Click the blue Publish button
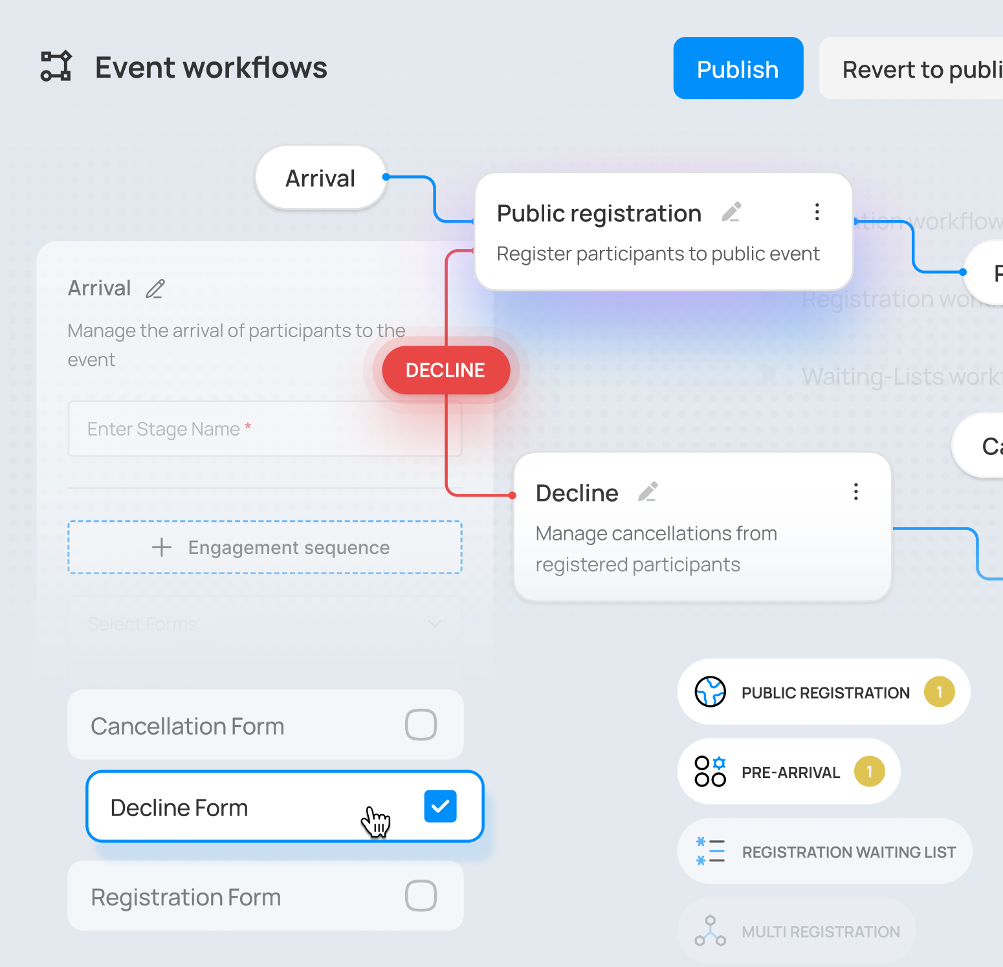pyautogui.click(x=738, y=68)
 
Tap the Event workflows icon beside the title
pyautogui.click(x=56, y=66)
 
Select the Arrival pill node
pyautogui.click(x=320, y=178)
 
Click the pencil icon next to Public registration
pyautogui.click(x=731, y=212)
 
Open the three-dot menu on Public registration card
pyautogui.click(x=817, y=212)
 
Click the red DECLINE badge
pyautogui.click(x=446, y=370)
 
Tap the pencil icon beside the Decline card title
pyautogui.click(x=648, y=492)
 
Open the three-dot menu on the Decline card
pyautogui.click(x=855, y=492)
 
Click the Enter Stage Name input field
pyautogui.click(x=264, y=429)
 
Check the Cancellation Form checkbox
pyautogui.click(x=421, y=725)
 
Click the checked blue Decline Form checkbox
pyautogui.click(x=440, y=806)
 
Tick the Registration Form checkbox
pyautogui.click(x=421, y=896)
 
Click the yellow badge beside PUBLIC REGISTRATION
pyautogui.click(x=939, y=692)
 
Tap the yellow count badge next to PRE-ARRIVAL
pyautogui.click(x=869, y=772)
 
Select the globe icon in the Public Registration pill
pyautogui.click(x=710, y=692)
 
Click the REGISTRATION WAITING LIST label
pyautogui.click(x=848, y=852)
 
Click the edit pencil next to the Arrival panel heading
pyautogui.click(x=155, y=289)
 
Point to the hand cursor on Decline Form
pyautogui.click(x=375, y=821)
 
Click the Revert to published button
pyautogui.click(x=919, y=69)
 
